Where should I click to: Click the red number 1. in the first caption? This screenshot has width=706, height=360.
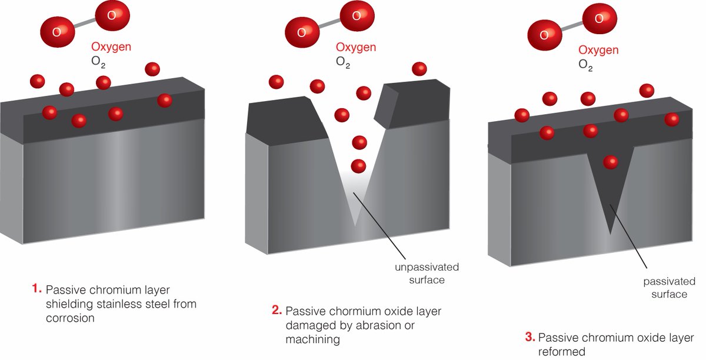click(x=36, y=289)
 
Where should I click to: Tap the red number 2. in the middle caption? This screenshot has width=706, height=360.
click(x=277, y=311)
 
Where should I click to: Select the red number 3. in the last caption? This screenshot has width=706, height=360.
click(x=529, y=338)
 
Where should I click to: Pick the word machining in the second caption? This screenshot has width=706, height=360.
click(x=312, y=339)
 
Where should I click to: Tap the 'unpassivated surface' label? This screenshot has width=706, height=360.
click(x=427, y=274)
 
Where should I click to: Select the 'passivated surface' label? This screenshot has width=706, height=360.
click(x=665, y=288)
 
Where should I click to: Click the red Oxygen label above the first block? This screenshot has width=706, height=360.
click(x=111, y=46)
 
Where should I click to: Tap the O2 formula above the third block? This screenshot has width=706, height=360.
click(x=585, y=64)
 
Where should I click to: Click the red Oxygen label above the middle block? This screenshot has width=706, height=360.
click(x=356, y=47)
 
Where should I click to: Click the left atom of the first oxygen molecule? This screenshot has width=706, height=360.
click(x=56, y=31)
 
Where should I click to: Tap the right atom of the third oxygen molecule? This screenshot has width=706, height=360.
click(x=599, y=19)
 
